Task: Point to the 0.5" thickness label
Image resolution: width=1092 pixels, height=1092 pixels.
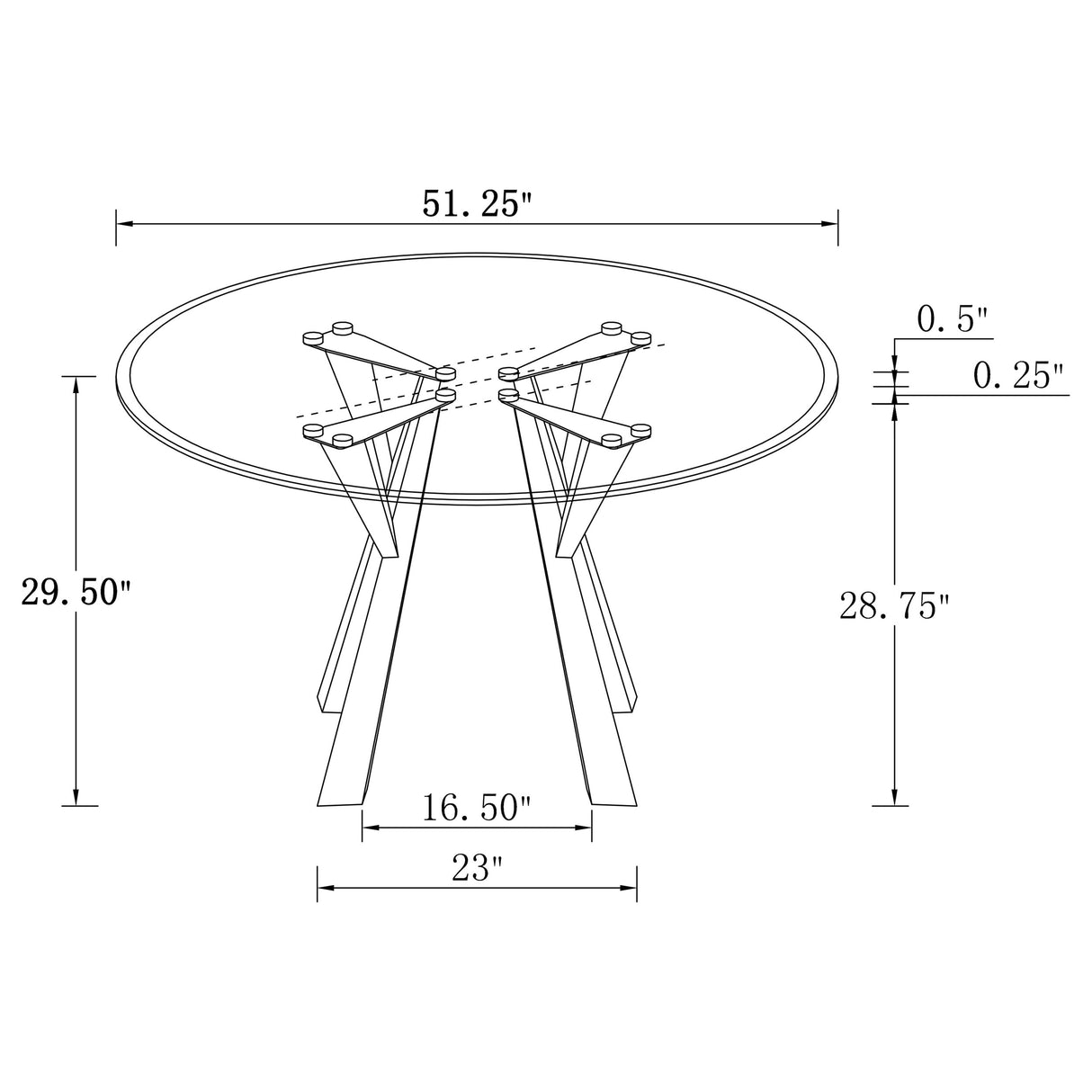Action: coord(952,319)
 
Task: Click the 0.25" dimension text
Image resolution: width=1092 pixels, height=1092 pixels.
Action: coord(1018,375)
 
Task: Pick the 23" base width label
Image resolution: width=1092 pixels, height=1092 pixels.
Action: coord(477,868)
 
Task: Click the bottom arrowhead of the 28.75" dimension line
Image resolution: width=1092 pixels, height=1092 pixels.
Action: coord(894,797)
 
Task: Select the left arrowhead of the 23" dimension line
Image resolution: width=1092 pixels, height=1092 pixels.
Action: coord(325,888)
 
